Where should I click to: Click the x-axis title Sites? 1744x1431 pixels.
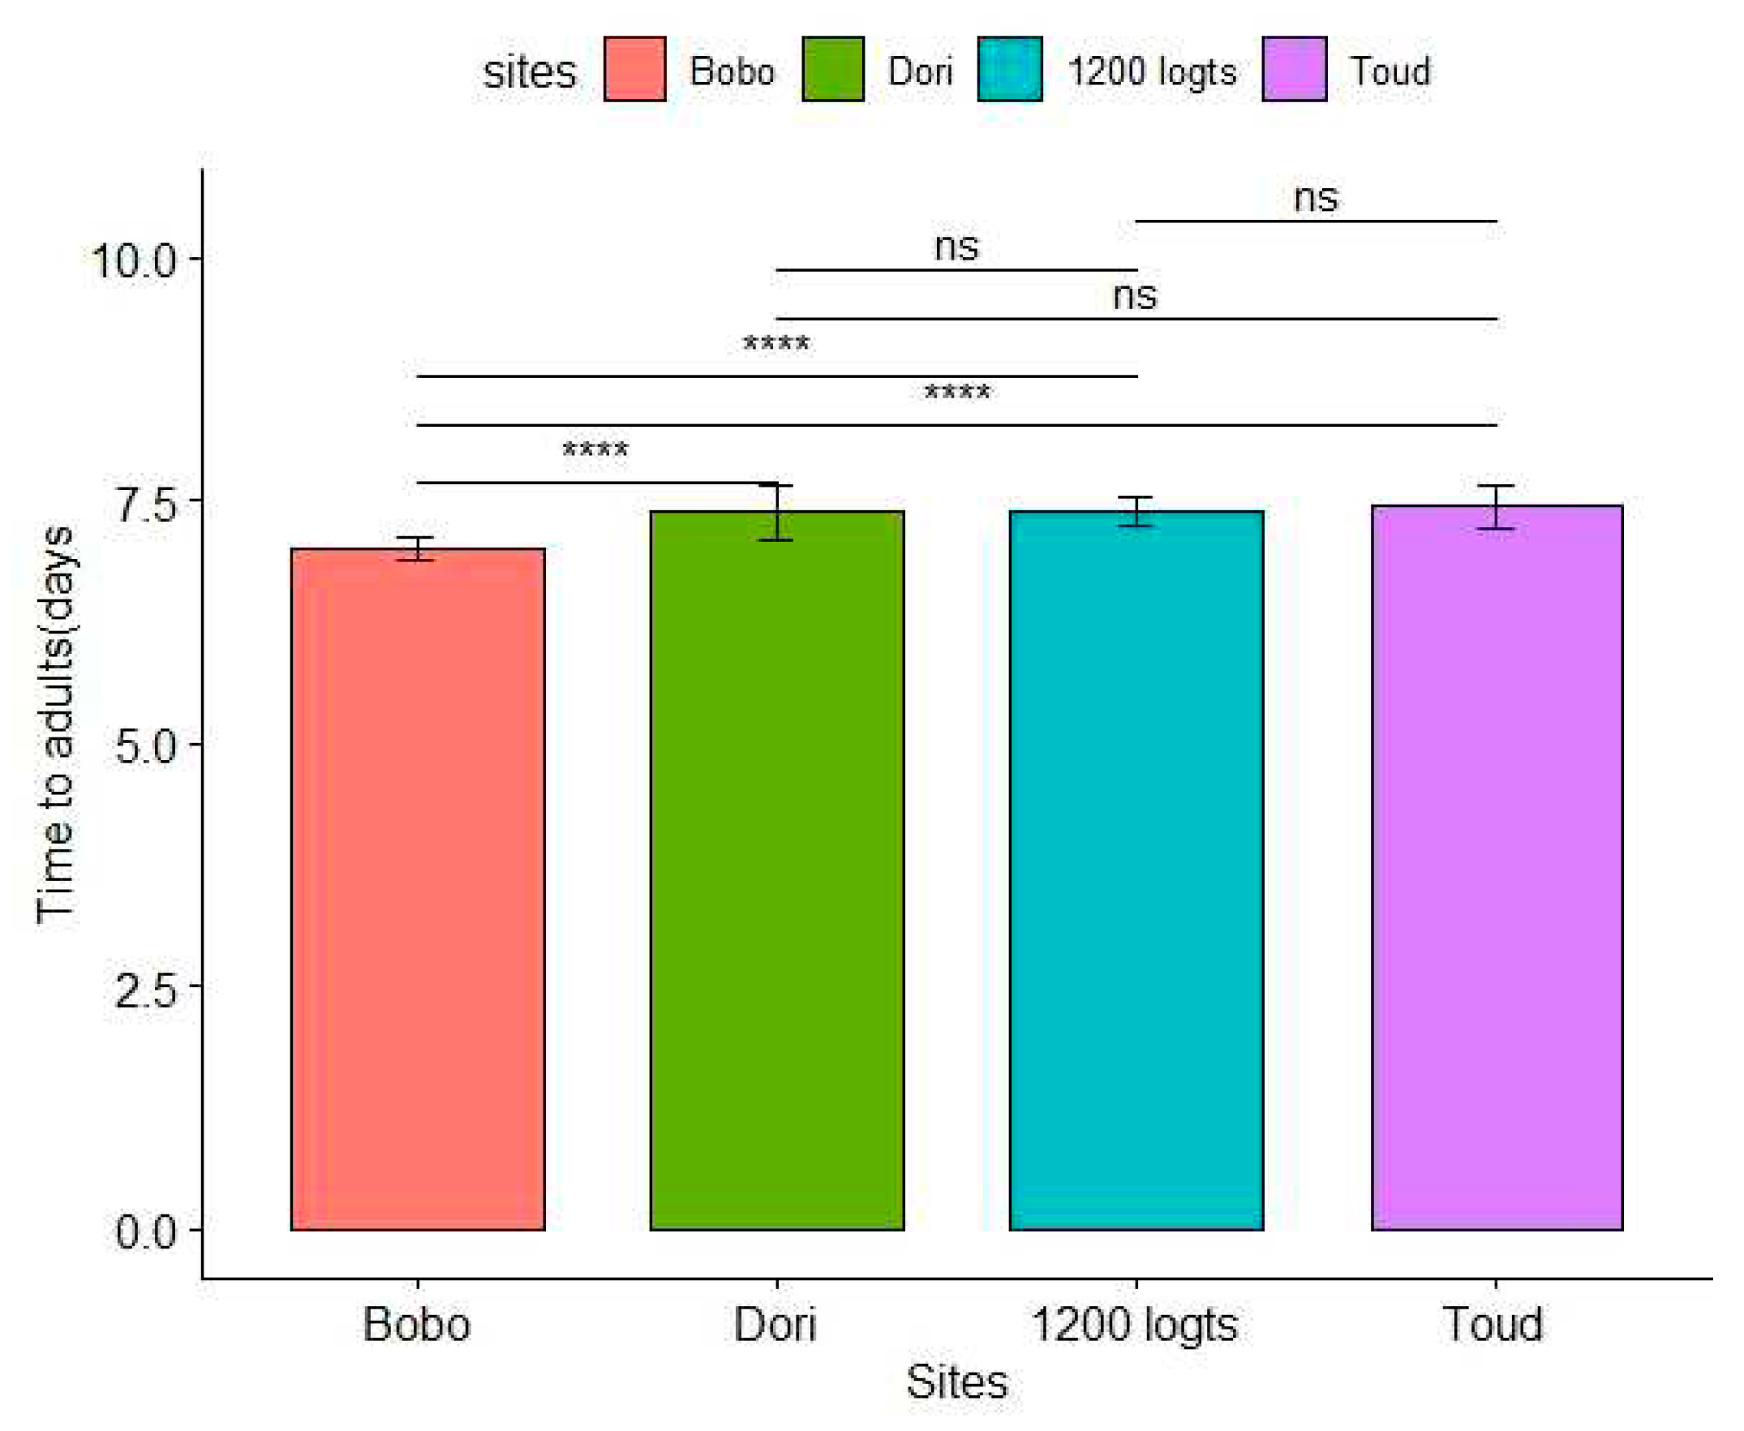click(x=956, y=1382)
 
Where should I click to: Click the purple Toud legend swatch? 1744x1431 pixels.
click(x=1294, y=69)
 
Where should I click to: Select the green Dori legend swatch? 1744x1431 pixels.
click(x=832, y=69)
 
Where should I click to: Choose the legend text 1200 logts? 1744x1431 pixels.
click(x=1152, y=71)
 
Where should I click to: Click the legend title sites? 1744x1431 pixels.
click(x=528, y=72)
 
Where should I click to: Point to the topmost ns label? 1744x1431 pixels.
click(x=1316, y=198)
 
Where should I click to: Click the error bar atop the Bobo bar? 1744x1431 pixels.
click(x=417, y=549)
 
